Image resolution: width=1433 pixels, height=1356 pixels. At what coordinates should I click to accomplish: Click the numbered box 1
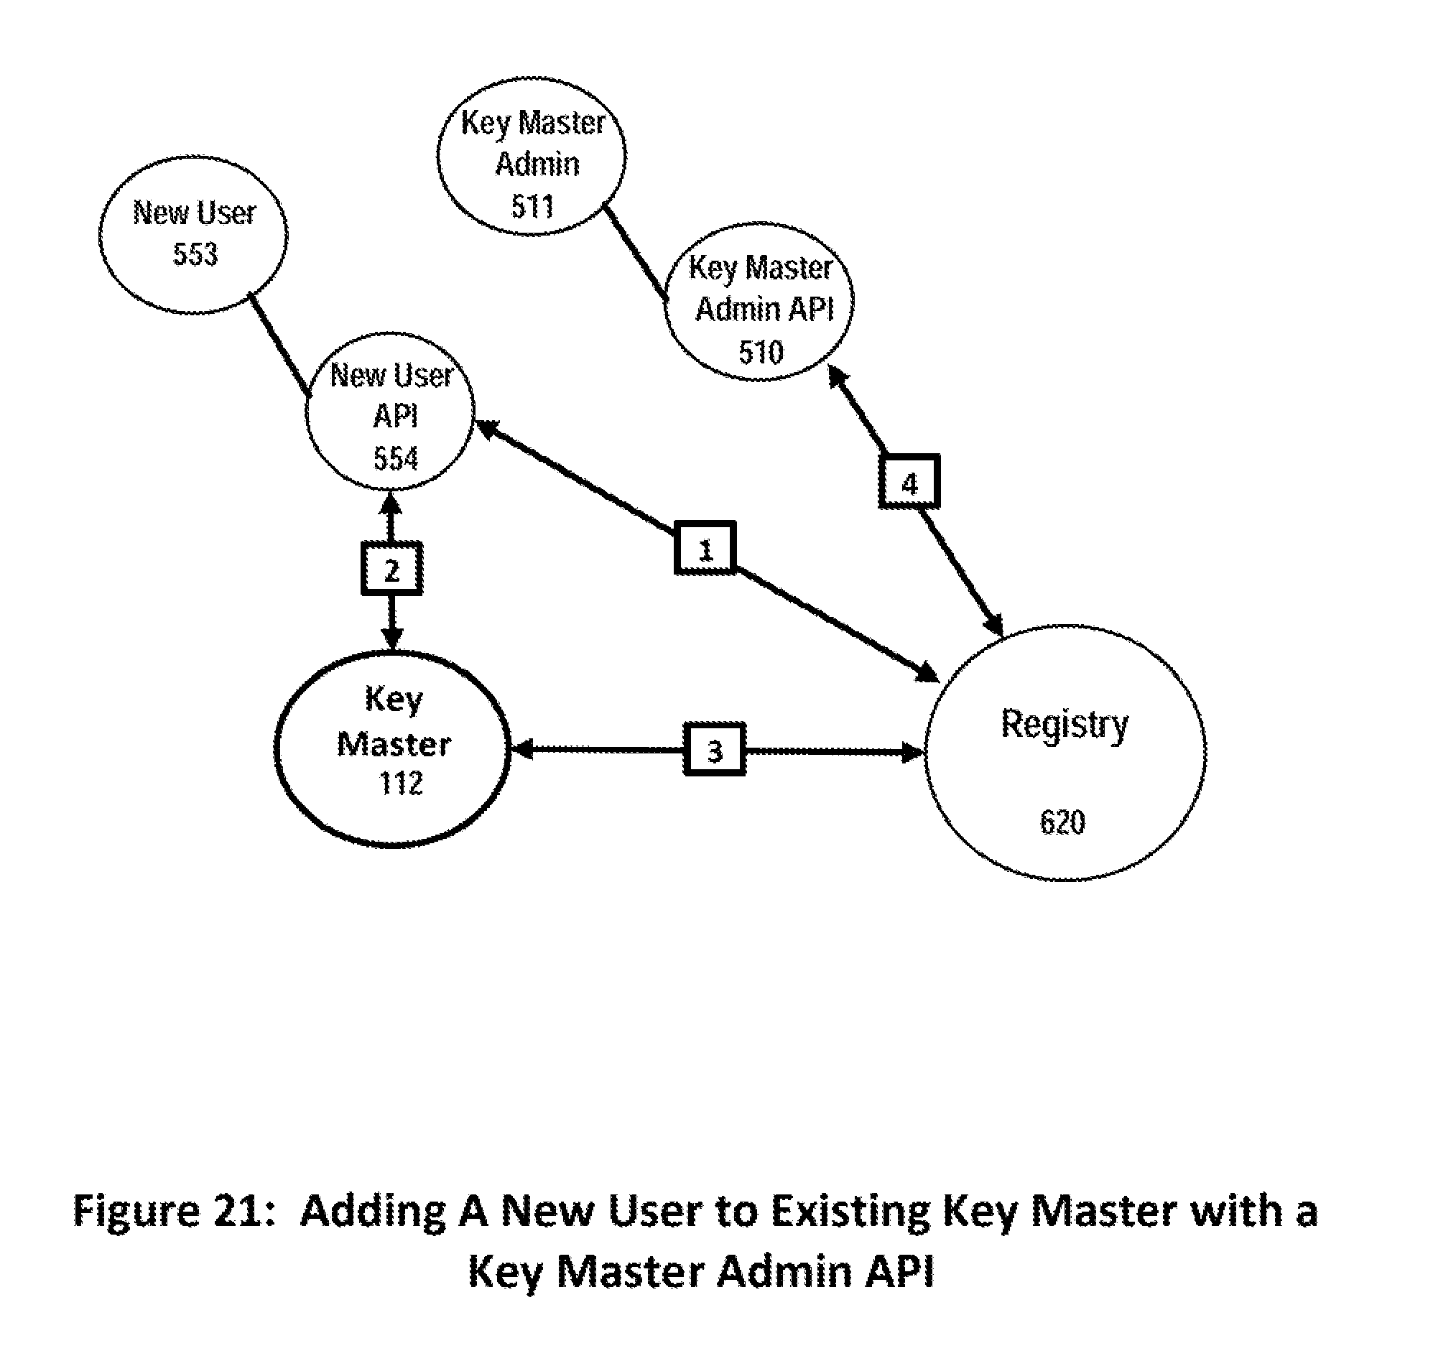click(705, 548)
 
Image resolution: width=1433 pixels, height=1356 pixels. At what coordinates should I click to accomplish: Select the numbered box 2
click(391, 569)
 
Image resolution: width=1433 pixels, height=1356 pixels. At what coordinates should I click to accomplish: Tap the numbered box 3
click(714, 750)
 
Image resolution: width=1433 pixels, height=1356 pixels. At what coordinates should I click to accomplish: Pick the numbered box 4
click(909, 481)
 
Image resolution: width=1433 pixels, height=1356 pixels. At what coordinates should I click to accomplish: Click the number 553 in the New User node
click(195, 254)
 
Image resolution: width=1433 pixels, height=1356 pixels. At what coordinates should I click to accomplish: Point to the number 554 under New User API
click(396, 458)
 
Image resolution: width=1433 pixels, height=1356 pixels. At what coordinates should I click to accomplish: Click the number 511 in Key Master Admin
click(532, 207)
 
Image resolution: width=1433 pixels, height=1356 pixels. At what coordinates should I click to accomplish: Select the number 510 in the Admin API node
click(761, 352)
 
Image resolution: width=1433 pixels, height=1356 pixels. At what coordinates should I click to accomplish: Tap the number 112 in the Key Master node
click(401, 784)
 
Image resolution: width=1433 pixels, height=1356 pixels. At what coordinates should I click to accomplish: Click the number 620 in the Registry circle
click(1062, 822)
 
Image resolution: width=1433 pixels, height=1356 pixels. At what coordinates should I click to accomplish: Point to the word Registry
click(1065, 724)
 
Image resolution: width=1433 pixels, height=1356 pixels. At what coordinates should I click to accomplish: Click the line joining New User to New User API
click(279, 343)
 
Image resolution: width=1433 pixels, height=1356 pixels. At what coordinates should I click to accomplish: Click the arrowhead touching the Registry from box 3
click(912, 753)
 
